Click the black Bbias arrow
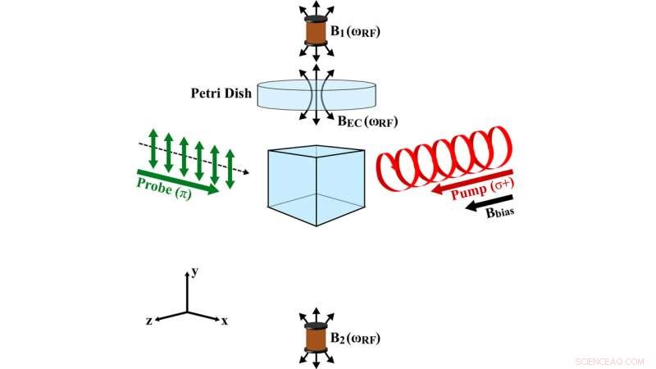click(x=483, y=209)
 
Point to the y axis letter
click(x=196, y=267)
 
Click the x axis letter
click(x=225, y=321)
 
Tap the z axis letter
click(x=149, y=321)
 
